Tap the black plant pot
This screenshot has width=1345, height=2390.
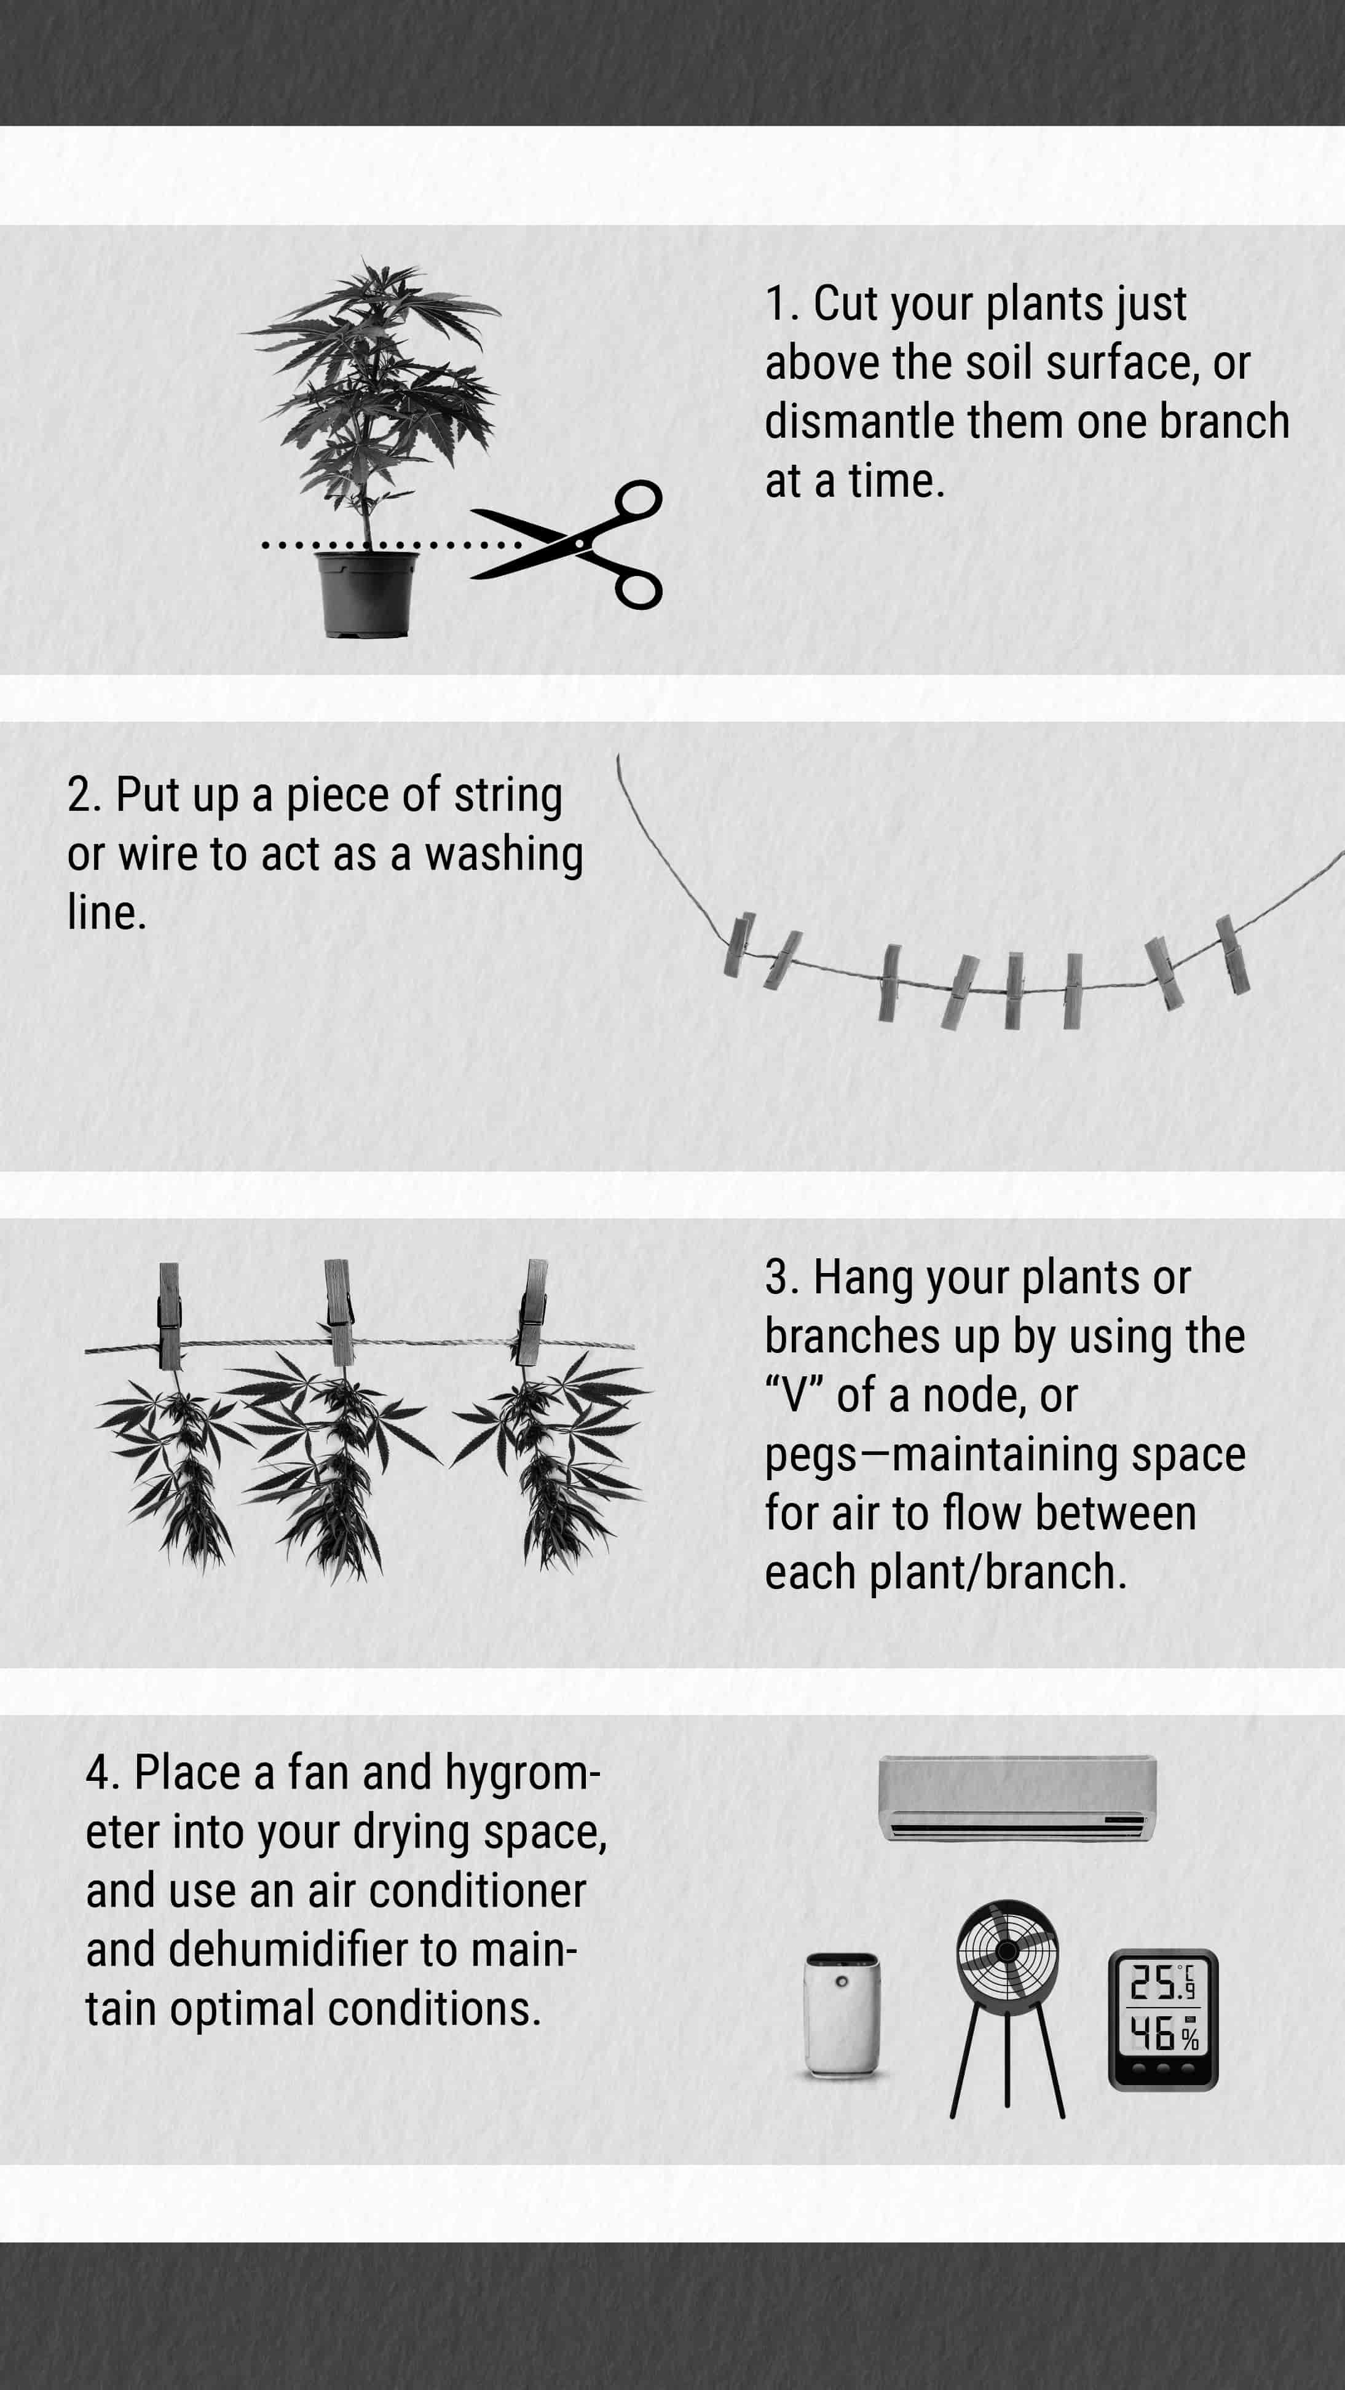point(368,594)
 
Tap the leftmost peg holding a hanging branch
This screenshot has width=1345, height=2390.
point(169,1315)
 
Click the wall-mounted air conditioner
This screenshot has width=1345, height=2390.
point(1017,1798)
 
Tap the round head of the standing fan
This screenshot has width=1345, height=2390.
point(1008,1950)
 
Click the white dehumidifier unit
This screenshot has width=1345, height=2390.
point(842,2013)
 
